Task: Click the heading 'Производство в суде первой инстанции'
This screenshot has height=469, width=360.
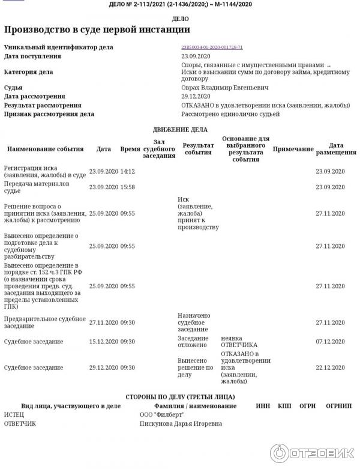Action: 97,29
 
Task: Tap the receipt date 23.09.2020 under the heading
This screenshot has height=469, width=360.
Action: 196,56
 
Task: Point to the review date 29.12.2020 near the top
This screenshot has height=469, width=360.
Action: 196,96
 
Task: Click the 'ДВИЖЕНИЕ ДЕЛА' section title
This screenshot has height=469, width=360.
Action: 180,129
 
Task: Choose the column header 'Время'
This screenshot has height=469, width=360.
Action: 130,149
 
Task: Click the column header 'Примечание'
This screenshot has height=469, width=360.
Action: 293,149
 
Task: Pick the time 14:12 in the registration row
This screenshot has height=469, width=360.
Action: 128,172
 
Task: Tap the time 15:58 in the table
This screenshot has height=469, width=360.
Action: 128,187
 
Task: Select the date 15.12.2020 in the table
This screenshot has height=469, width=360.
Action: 104,342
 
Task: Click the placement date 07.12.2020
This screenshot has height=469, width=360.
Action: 331,342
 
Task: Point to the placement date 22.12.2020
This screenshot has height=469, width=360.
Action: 331,368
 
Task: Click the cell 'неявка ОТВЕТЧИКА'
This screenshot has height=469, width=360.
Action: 239,342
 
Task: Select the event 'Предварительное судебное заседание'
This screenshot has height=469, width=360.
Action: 44,322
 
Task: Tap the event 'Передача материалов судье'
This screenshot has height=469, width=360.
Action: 37,187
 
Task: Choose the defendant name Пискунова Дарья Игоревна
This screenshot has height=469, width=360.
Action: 181,424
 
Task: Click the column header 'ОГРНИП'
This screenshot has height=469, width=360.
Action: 337,406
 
